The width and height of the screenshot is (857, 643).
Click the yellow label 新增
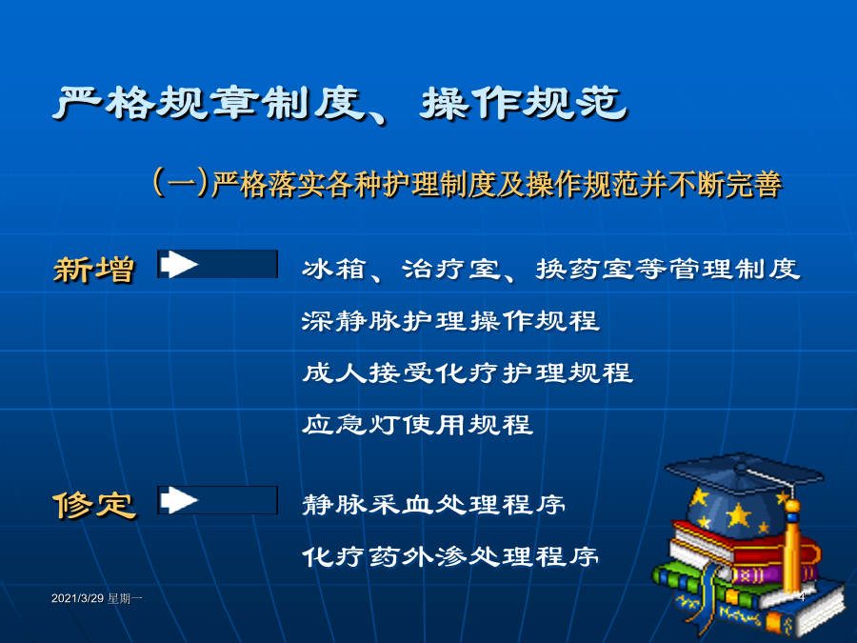tap(94, 270)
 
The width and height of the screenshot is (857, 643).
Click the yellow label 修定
tap(94, 505)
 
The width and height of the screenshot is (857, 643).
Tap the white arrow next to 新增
tap(179, 264)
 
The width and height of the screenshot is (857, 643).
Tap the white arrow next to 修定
tap(179, 500)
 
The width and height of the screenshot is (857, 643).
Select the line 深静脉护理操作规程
tap(451, 321)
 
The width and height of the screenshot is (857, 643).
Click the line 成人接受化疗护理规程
tap(468, 372)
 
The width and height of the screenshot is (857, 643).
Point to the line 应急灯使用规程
tap(418, 425)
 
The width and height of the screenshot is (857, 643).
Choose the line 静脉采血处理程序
tap(434, 505)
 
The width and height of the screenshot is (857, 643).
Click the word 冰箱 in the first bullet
tap(334, 269)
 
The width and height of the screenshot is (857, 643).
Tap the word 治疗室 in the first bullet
tap(451, 269)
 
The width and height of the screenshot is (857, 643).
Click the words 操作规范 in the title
tap(524, 104)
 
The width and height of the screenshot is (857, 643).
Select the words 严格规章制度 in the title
tap(209, 104)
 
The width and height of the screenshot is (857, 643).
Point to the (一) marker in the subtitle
tap(181, 182)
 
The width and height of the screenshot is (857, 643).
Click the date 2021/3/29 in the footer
tap(78, 599)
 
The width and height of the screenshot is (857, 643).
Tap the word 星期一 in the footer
tap(125, 599)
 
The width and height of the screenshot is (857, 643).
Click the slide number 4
tap(801, 597)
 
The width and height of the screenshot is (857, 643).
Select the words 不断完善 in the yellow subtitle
tap(726, 184)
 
